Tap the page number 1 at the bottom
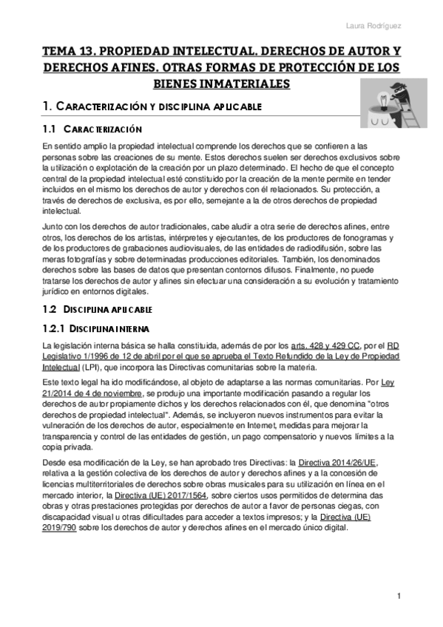pyautogui.click(x=399, y=595)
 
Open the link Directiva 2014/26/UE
pyautogui.click(x=337, y=462)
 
